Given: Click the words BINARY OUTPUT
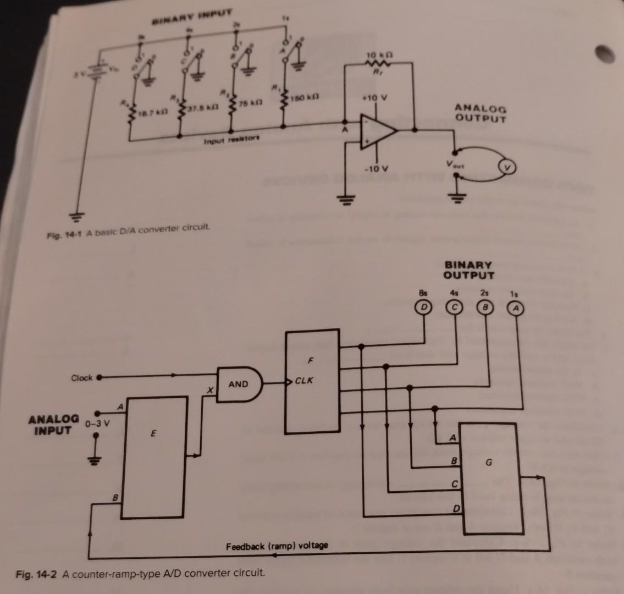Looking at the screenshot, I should (469, 269).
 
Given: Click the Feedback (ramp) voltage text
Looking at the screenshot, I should (277, 545).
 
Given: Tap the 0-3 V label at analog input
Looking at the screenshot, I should (98, 424).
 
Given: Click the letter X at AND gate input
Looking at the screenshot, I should (209, 389).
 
